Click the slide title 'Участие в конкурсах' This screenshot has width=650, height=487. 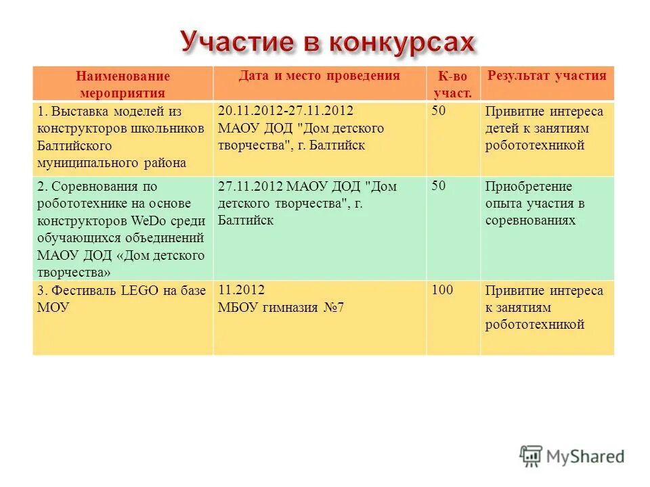click(327, 43)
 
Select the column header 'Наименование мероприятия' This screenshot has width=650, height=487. click(123, 85)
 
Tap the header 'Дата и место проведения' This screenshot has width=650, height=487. click(319, 76)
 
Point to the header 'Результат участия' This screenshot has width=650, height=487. click(547, 76)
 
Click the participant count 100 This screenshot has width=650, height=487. click(443, 290)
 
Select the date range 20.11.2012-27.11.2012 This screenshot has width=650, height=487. click(285, 110)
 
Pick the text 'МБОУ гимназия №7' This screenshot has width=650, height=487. click(282, 308)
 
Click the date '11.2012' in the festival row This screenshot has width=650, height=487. click(241, 290)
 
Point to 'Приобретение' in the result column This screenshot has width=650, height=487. click(519, 187)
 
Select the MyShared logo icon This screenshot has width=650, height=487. click(532, 457)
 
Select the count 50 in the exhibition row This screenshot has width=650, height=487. click(439, 111)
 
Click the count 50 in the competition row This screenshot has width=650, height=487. click(439, 186)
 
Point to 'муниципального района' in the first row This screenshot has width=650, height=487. click(112, 163)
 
